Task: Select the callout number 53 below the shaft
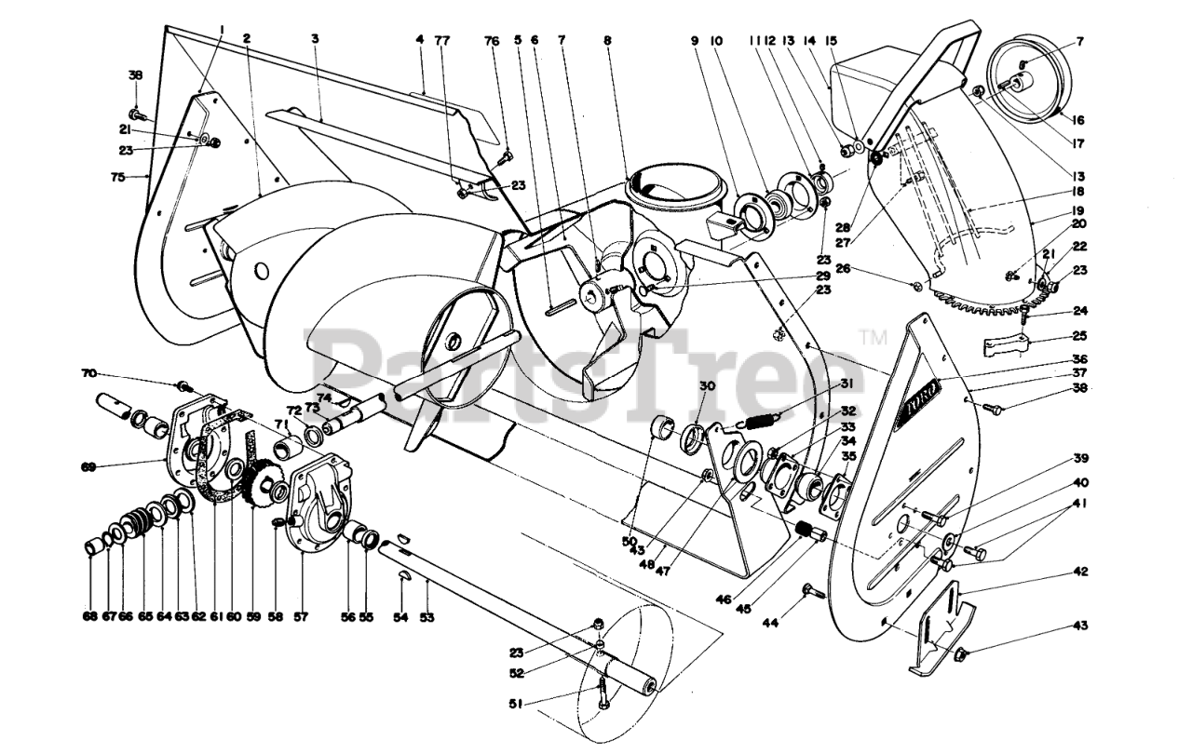428,616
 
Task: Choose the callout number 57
300,616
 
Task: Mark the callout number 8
607,40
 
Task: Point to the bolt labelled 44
808,590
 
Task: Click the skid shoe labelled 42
941,628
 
